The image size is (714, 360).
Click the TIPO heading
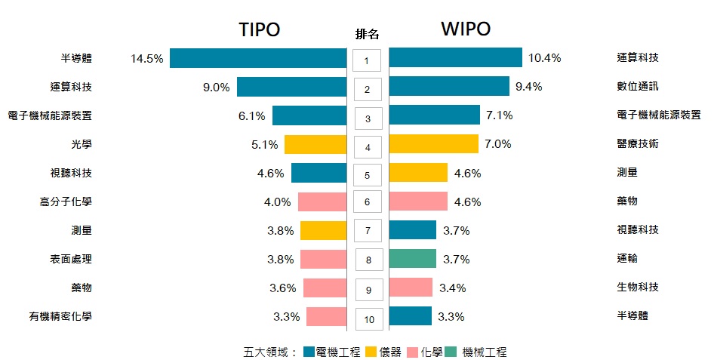pos(259,29)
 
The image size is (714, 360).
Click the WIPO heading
pos(466,29)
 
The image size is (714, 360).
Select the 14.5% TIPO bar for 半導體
pos(257,58)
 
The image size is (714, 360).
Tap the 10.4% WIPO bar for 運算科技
pos(455,57)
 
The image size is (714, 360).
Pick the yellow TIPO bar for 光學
pos(315,144)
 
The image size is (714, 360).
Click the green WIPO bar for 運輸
pos(412,259)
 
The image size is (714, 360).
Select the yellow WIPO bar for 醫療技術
pos(433,143)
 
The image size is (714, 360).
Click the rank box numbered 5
pos(368,176)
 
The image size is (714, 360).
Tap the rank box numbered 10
pos(369,319)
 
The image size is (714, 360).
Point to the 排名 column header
pos(368,34)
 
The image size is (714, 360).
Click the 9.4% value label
pos(528,87)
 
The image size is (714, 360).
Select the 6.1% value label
pos(251,116)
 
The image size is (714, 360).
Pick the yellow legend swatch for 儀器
pos(371,352)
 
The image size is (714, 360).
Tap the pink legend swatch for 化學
pos(412,352)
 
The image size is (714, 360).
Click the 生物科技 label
pos(638,288)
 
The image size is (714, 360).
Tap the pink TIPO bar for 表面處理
pos(323,259)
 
